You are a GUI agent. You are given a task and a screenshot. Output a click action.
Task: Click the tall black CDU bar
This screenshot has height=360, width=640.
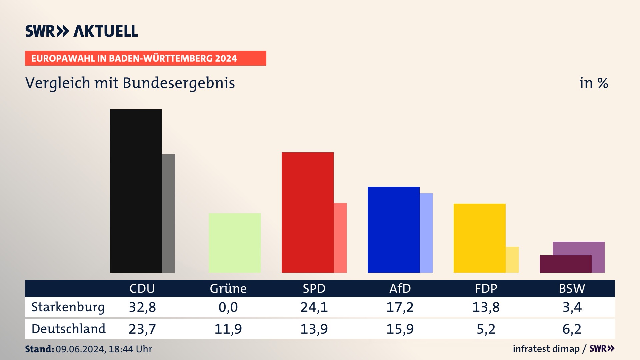(x=136, y=191)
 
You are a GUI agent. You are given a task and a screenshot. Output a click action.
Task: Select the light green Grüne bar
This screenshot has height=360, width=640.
(x=234, y=243)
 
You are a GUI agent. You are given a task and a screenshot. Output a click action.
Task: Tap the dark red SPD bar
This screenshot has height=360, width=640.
(x=307, y=212)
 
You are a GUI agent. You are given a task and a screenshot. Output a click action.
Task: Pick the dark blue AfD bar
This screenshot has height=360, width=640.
(x=393, y=229)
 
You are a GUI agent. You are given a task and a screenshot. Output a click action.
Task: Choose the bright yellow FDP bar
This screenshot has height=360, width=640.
(x=479, y=238)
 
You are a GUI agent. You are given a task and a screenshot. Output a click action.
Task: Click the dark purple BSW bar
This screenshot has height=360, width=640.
(x=565, y=264)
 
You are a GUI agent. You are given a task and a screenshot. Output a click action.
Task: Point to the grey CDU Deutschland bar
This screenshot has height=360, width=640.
(x=168, y=213)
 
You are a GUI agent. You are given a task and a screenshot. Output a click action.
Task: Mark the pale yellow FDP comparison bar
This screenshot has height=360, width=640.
(x=512, y=260)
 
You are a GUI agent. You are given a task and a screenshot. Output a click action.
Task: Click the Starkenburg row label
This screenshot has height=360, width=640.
(x=68, y=307)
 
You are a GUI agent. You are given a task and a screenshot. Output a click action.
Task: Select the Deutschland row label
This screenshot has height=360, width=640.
(x=69, y=329)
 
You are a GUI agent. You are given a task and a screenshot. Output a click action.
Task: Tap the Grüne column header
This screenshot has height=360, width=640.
(x=228, y=288)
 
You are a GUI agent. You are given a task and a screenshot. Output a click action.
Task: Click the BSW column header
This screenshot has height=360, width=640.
(x=572, y=288)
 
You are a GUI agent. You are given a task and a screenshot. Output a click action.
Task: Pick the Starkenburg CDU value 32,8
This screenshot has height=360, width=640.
(x=142, y=307)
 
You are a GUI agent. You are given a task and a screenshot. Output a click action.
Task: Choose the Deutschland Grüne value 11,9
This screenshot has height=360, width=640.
(x=228, y=329)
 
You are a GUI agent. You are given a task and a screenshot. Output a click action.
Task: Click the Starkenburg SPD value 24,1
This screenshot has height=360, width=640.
(x=314, y=307)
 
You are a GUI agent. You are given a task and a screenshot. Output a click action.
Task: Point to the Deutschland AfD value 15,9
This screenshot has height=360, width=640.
(x=400, y=329)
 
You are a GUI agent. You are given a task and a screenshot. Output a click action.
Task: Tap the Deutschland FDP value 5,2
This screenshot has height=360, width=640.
(x=486, y=329)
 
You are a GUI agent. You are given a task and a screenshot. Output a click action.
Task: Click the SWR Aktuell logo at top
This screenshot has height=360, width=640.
(x=82, y=31)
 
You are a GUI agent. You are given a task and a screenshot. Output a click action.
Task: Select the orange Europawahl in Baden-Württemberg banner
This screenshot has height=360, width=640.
(x=145, y=58)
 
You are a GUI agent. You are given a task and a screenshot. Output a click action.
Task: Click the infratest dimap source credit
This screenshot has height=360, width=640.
(x=546, y=349)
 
